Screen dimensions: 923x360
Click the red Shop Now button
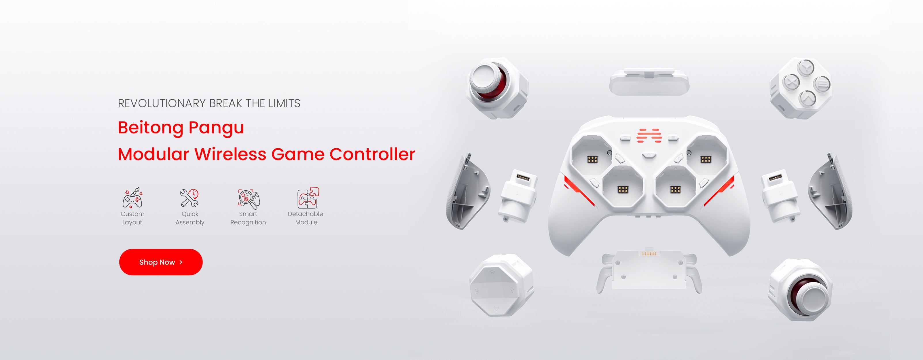coord(161,262)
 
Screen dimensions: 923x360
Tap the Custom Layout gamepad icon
coord(132,198)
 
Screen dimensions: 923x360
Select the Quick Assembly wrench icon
coord(189,198)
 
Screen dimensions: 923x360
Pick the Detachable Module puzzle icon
coord(308,198)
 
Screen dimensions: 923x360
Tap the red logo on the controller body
coord(649,135)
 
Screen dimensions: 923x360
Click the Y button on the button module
coord(806,67)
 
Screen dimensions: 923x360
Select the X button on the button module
coord(791,82)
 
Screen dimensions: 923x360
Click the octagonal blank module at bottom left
coord(501,285)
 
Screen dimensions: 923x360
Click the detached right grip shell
coord(831,192)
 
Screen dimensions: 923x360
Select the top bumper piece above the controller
coord(649,82)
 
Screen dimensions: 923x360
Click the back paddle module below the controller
coord(649,271)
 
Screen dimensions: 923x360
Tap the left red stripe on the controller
coord(579,191)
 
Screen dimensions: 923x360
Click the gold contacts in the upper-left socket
coord(592,159)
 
